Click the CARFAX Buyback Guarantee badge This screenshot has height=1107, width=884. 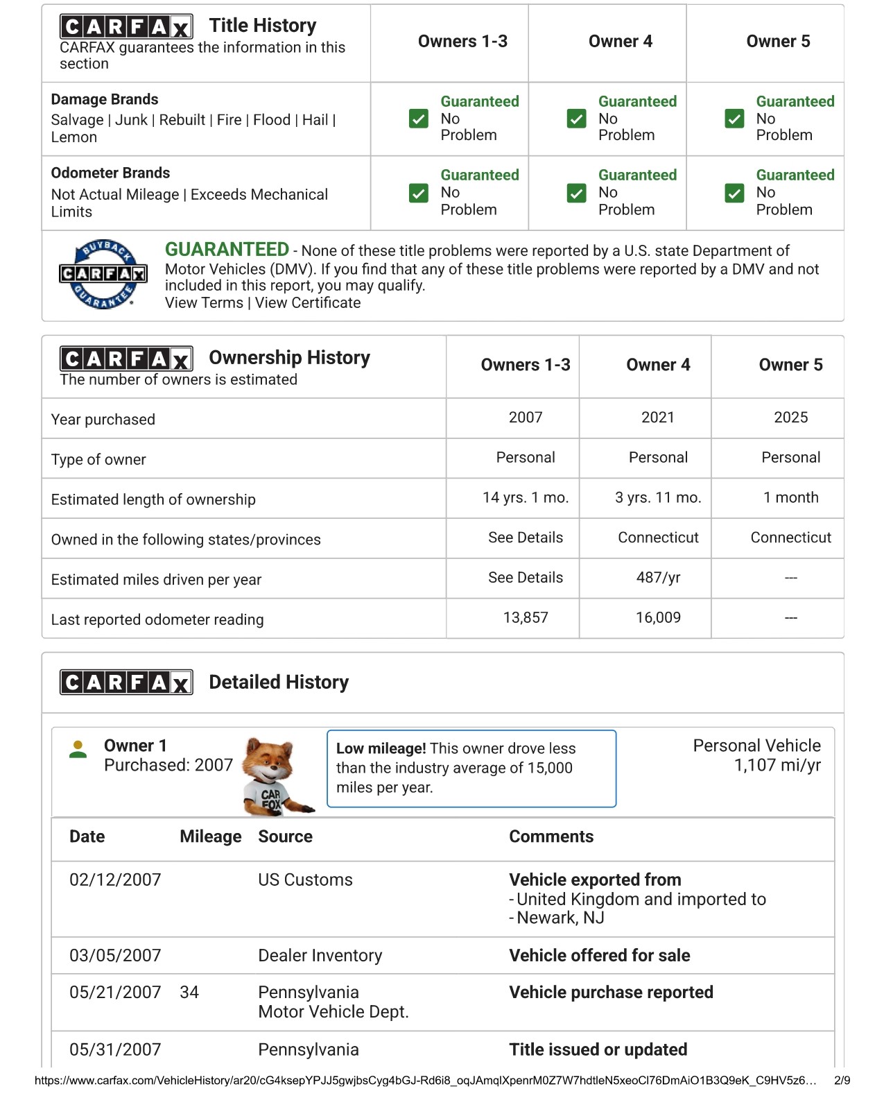103,275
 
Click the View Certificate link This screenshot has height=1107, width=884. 308,303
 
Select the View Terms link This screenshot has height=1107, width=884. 204,303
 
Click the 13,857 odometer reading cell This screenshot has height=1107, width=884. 526,618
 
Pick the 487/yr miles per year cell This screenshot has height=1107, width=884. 658,578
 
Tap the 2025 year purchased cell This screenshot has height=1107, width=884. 790,418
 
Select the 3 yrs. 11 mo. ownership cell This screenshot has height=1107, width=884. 658,497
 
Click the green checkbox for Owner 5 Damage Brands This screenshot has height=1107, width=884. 734,119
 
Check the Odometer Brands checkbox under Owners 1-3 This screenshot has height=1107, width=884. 419,193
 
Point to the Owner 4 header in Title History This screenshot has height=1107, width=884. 620,42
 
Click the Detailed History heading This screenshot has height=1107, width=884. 279,683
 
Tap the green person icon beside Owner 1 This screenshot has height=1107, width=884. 78,750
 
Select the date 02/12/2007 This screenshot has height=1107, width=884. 115,880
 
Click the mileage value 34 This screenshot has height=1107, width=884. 189,993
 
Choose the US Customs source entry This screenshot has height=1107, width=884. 305,880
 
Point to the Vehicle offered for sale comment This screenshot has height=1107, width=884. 599,956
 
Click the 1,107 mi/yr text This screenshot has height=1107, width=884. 777,766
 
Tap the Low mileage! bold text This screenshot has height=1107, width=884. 381,749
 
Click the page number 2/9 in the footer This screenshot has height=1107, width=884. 841,1081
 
